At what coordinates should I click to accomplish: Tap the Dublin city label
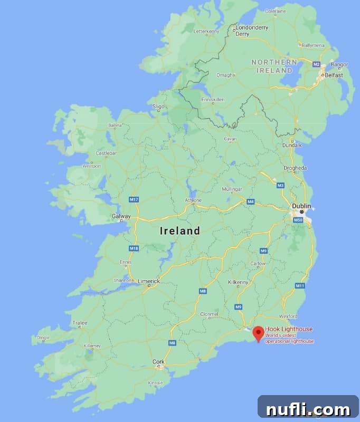click(x=301, y=206)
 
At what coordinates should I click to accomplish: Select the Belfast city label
click(x=334, y=75)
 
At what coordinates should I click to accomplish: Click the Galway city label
click(x=121, y=216)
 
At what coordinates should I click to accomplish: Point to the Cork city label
click(x=158, y=361)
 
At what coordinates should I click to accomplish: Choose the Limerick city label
click(x=148, y=281)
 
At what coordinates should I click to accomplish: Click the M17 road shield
click(x=135, y=199)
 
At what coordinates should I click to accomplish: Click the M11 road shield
click(x=300, y=285)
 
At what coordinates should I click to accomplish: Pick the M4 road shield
click(x=250, y=202)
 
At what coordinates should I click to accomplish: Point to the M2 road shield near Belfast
click(x=316, y=64)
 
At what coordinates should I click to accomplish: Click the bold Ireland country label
click(x=180, y=231)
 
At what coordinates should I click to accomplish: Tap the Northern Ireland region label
click(x=274, y=66)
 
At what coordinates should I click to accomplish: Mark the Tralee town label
click(x=79, y=322)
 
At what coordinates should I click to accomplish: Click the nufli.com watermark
click(x=308, y=409)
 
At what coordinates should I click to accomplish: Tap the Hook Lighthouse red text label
click(x=289, y=329)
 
